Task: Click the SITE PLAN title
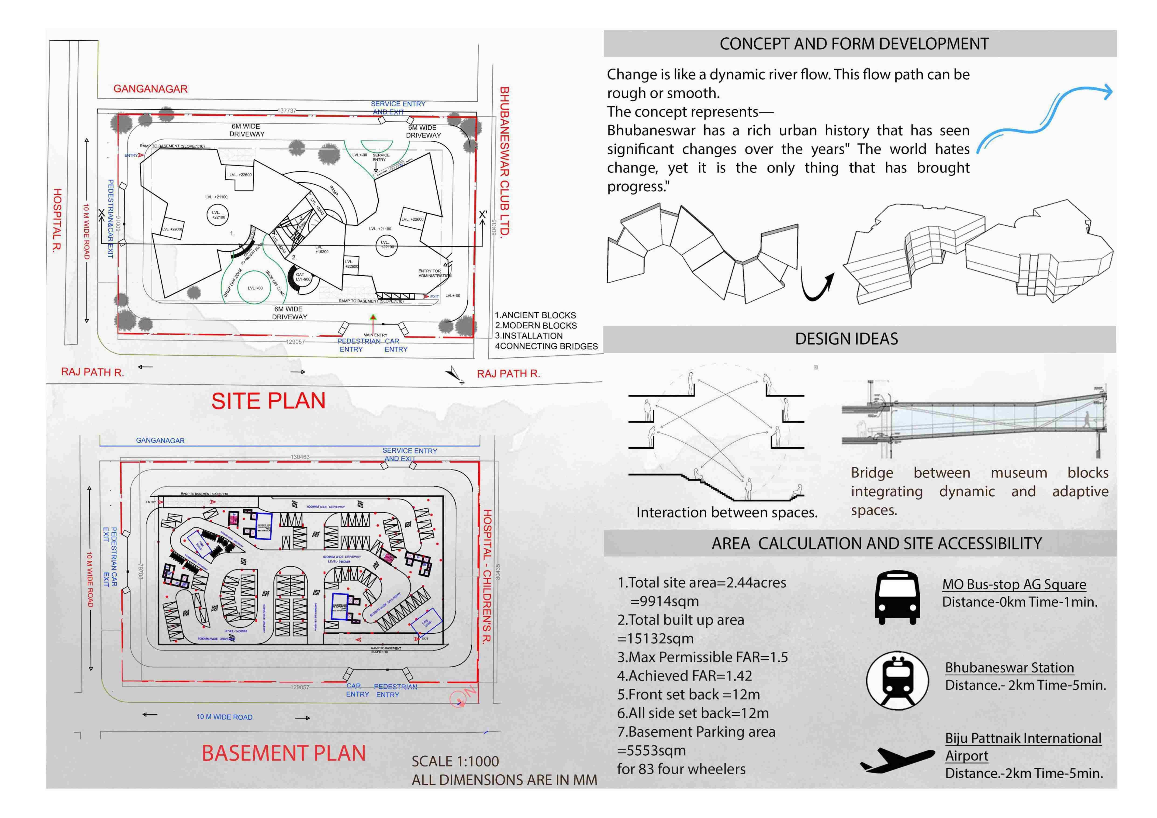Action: tap(268, 401)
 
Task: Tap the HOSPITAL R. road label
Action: tap(57, 220)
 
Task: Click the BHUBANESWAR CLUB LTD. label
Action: tap(504, 161)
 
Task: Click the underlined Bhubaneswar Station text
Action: tap(1009, 668)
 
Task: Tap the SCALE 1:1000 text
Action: tap(455, 761)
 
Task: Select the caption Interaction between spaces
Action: tap(726, 513)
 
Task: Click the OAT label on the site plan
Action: tap(300, 275)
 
